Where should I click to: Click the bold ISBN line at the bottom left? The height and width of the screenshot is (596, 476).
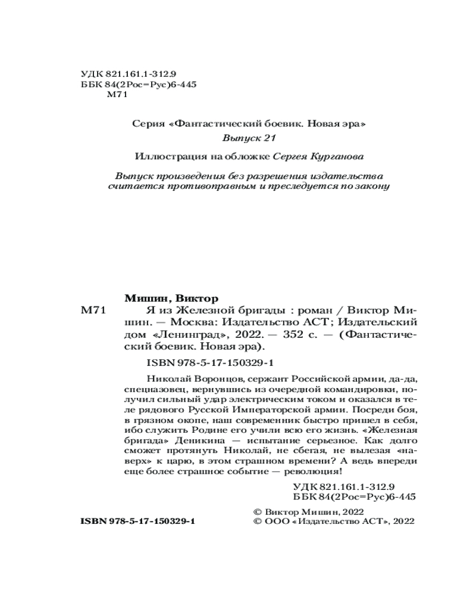click(x=137, y=520)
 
